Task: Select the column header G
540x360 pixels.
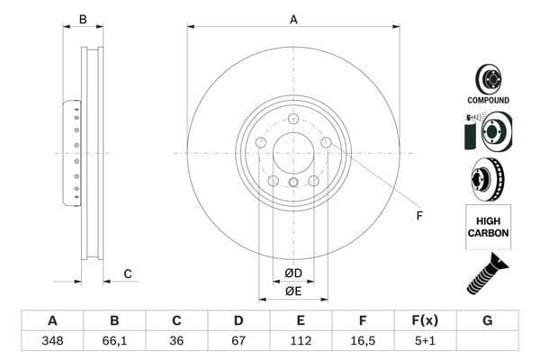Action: pyautogui.click(x=487, y=321)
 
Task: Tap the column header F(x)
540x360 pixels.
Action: pyautogui.click(x=425, y=321)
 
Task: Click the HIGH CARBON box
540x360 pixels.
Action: pyautogui.click(x=488, y=227)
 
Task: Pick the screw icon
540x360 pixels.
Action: pyautogui.click(x=486, y=275)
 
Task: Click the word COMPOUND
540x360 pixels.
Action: pyautogui.click(x=488, y=100)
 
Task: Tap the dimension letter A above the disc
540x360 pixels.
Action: pyautogui.click(x=293, y=19)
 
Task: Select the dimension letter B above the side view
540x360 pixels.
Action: pyautogui.click(x=83, y=19)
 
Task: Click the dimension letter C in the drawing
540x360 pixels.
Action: pyautogui.click(x=128, y=274)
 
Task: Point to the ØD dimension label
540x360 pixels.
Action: pyautogui.click(x=293, y=273)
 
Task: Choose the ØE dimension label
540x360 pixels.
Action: pyautogui.click(x=293, y=291)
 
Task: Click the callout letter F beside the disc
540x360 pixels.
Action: pyautogui.click(x=418, y=216)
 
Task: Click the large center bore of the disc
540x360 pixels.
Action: pyautogui.click(x=293, y=153)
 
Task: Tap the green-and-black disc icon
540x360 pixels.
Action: pyautogui.click(x=487, y=131)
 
